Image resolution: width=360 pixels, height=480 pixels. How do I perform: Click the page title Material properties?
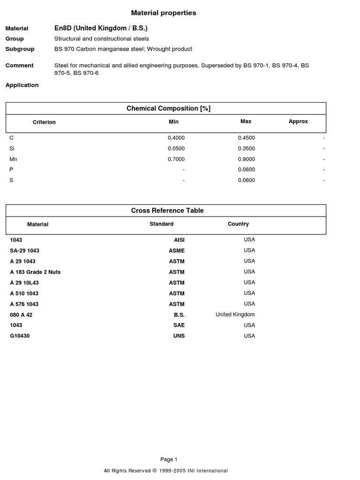(x=163, y=13)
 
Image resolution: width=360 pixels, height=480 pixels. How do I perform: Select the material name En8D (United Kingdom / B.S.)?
(x=101, y=28)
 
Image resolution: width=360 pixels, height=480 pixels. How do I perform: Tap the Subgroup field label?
(x=17, y=49)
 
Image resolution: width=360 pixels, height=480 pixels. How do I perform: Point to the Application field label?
(x=22, y=85)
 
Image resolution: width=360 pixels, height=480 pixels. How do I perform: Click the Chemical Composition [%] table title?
(x=168, y=108)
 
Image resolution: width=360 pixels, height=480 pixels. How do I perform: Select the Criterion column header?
(x=44, y=122)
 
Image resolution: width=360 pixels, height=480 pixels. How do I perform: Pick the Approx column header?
(x=298, y=121)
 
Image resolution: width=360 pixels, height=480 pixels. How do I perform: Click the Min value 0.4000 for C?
(x=176, y=138)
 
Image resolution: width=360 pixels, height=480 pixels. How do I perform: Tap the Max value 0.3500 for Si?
(x=246, y=149)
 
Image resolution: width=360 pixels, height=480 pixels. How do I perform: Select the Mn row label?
(x=13, y=159)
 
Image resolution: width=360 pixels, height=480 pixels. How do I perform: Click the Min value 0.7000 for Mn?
(x=176, y=159)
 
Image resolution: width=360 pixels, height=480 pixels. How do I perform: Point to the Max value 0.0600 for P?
(x=246, y=170)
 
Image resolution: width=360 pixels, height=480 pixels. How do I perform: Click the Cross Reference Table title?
(x=167, y=210)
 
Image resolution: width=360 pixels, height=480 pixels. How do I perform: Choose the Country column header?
(x=238, y=224)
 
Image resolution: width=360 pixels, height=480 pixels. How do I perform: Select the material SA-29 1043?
(x=24, y=251)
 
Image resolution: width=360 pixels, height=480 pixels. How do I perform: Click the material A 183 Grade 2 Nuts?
(x=35, y=272)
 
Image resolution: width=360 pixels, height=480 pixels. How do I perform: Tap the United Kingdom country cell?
(x=235, y=315)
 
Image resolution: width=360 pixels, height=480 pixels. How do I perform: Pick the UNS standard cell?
(x=179, y=336)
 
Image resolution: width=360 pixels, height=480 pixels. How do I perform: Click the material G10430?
(x=20, y=336)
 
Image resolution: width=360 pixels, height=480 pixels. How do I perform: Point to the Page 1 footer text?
(x=169, y=459)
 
